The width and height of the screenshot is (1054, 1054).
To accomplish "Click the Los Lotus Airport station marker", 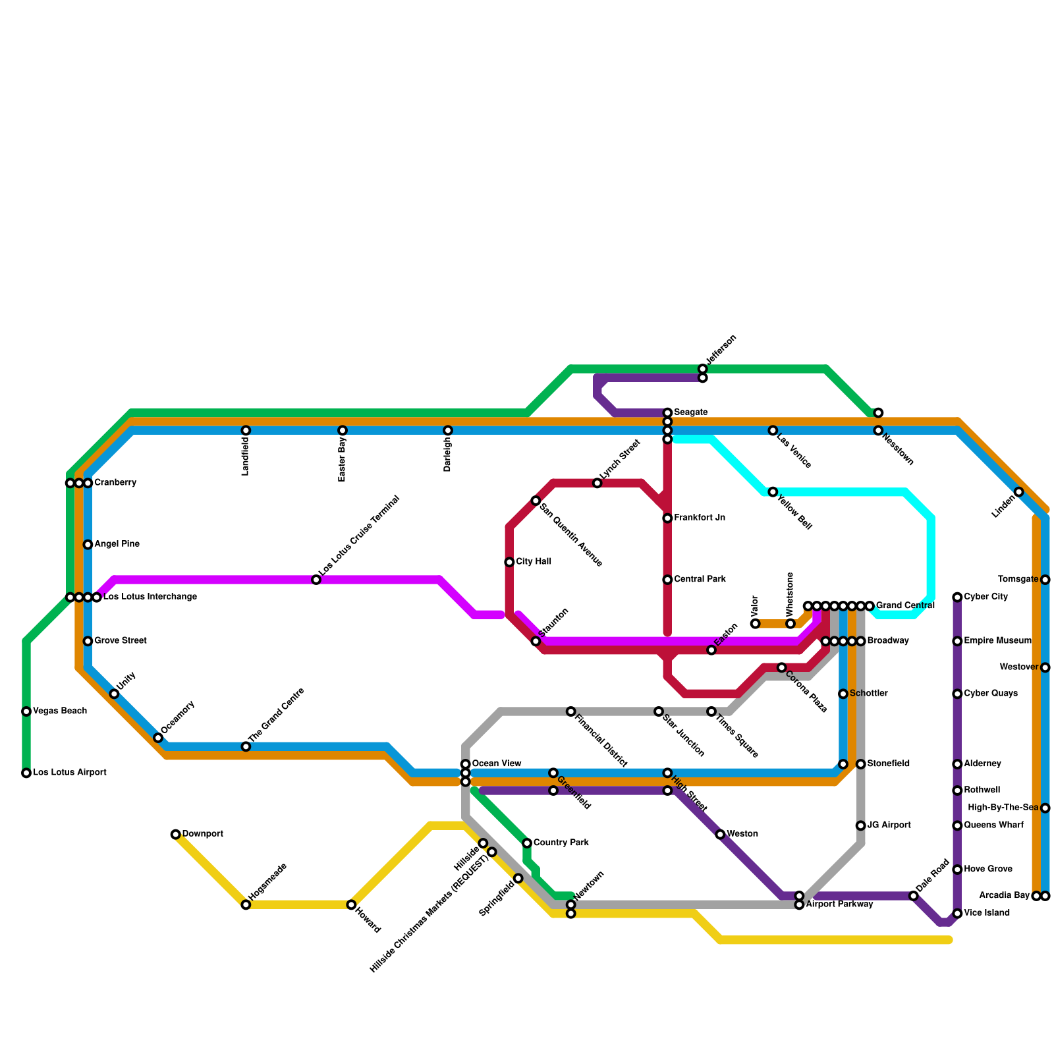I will click(x=26, y=773).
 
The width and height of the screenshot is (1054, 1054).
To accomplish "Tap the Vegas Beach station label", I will click(x=60, y=711).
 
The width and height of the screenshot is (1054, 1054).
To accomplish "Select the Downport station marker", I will click(x=176, y=835).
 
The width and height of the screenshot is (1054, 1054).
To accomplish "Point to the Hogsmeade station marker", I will click(x=246, y=904).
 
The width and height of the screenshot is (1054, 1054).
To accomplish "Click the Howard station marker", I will click(x=351, y=904).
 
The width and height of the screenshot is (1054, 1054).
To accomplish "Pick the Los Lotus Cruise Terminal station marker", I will click(x=316, y=580).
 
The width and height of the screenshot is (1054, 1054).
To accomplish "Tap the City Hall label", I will click(x=534, y=562).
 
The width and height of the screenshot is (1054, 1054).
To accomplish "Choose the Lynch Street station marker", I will click(x=597, y=483).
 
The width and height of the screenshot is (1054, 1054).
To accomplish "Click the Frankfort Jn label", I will click(x=700, y=518).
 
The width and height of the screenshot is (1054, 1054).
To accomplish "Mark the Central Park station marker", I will click(x=667, y=580).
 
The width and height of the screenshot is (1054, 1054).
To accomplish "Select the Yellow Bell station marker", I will click(x=773, y=492).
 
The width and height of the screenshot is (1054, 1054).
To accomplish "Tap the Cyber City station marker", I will click(x=957, y=597).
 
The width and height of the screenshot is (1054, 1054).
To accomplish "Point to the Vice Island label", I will click(x=986, y=914).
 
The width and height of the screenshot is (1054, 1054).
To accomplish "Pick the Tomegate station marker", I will click(x=1045, y=580).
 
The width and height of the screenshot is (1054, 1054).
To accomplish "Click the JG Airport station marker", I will click(x=861, y=825).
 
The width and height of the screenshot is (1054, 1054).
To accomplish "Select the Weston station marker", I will click(x=720, y=835).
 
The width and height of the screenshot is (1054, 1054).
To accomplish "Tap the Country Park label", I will click(x=561, y=843).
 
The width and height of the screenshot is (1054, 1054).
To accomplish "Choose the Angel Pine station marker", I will click(x=88, y=545).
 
